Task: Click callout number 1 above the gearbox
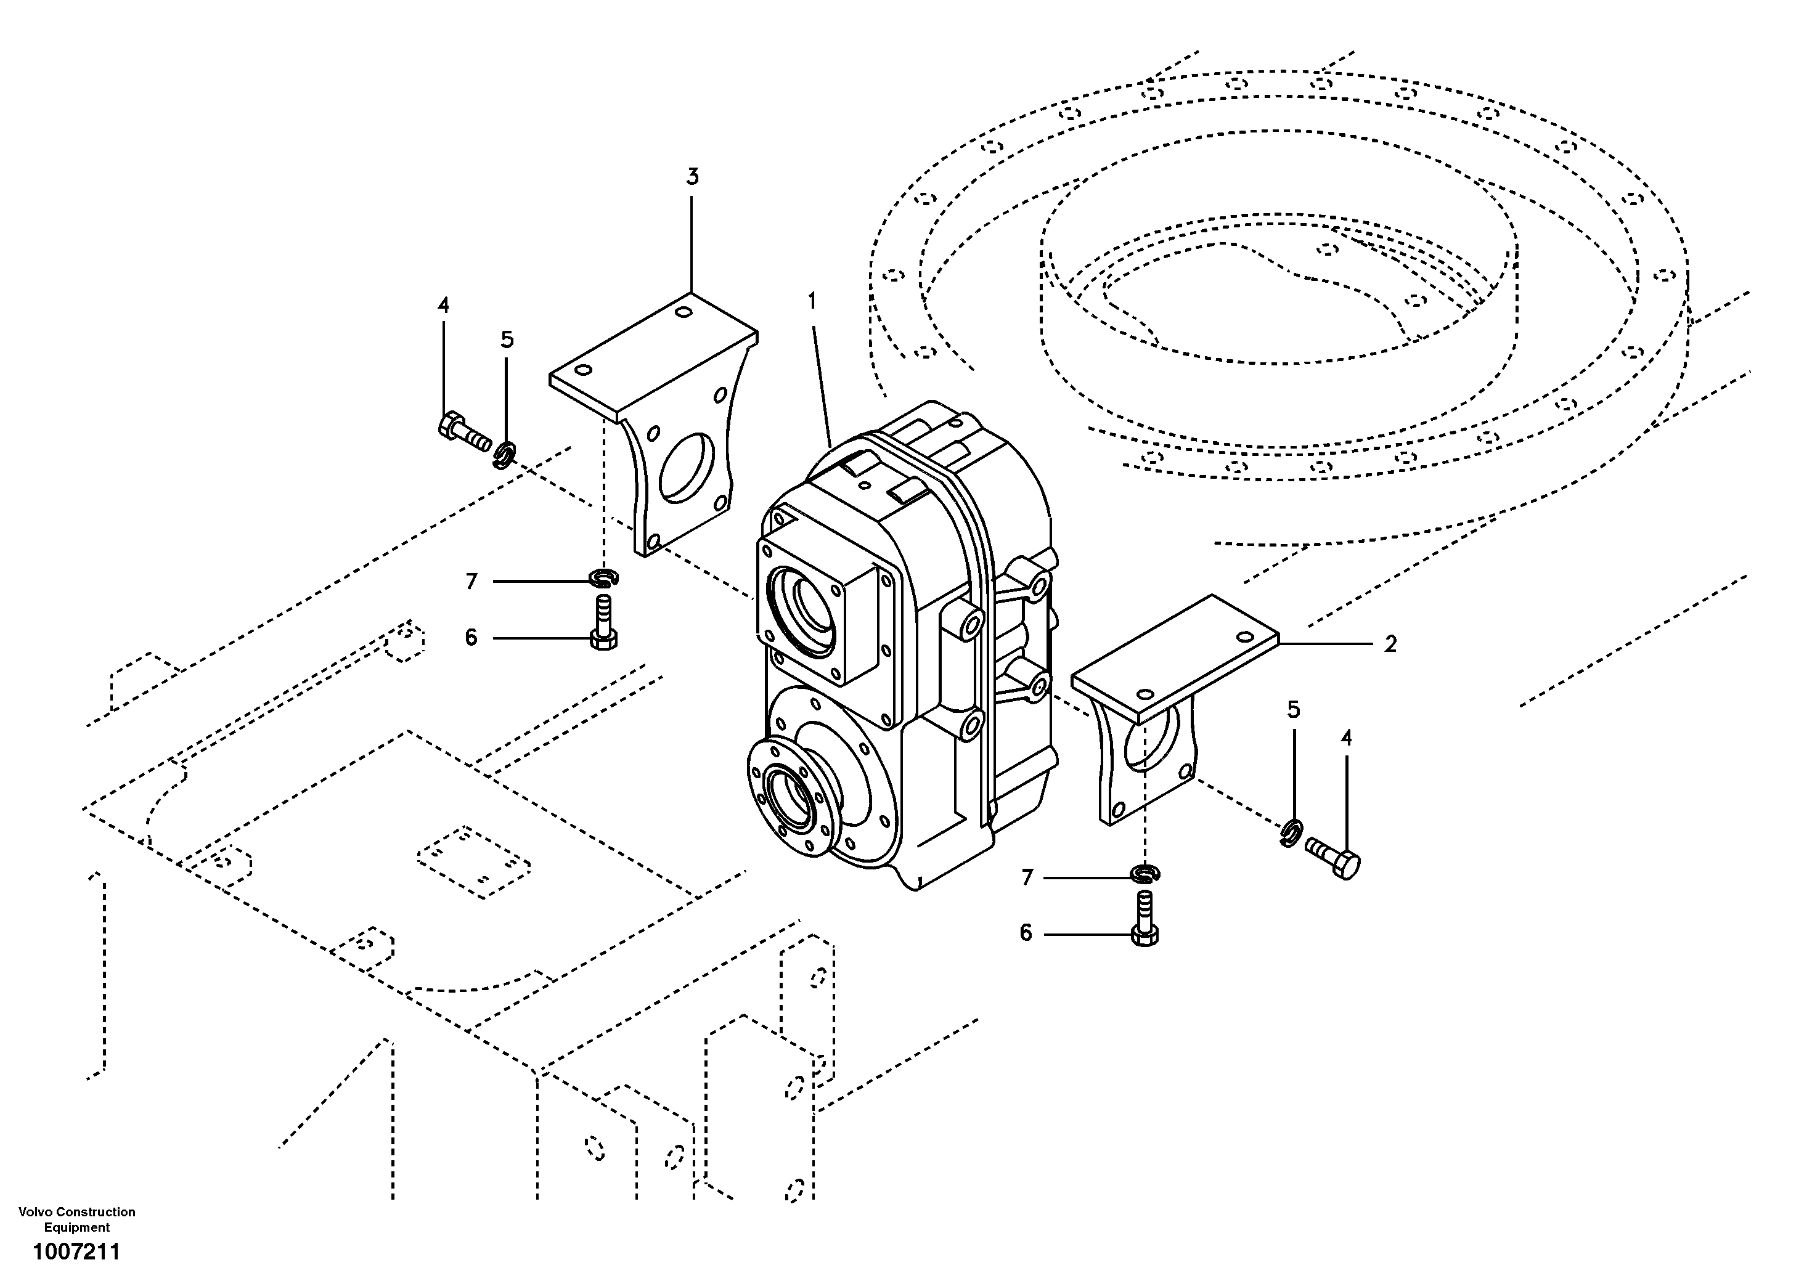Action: coord(812,301)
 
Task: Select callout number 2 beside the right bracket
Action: coord(1390,645)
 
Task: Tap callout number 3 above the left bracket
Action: coord(692,177)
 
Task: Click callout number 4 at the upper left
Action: coord(443,305)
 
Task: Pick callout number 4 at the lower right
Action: coord(1346,738)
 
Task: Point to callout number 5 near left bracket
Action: coord(507,340)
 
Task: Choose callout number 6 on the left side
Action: coord(471,637)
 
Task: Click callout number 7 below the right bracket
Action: coord(1027,877)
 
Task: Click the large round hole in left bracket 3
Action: coord(687,468)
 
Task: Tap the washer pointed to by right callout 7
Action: coord(1145,874)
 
